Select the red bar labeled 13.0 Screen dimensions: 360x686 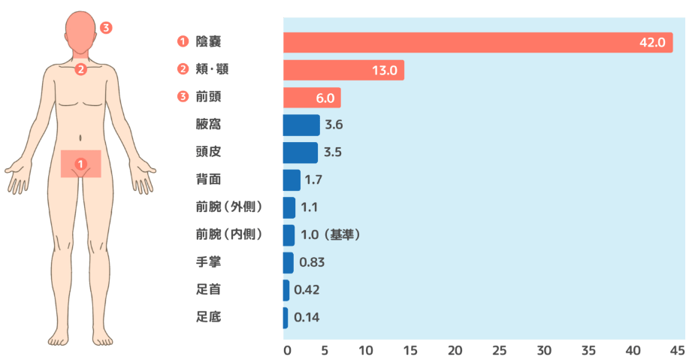pos(343,71)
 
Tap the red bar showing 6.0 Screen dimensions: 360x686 pos(311,98)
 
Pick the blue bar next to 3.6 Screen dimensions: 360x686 pos(301,125)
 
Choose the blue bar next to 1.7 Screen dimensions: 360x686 pos(291,180)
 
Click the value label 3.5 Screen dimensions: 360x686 pos(333,153)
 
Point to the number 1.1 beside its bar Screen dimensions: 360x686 pos(310,207)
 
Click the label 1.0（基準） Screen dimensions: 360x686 pos(331,235)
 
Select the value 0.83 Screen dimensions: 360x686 pos(312,262)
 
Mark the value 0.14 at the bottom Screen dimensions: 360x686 pos(307,317)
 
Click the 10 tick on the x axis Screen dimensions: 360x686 pos(367,350)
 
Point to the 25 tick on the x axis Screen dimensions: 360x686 pos(500,350)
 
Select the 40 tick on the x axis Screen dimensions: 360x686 pos(633,350)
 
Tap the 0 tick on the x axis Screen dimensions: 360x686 pos(286,350)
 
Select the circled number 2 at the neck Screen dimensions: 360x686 pos(80,70)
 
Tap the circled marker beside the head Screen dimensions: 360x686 pos(106,28)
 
